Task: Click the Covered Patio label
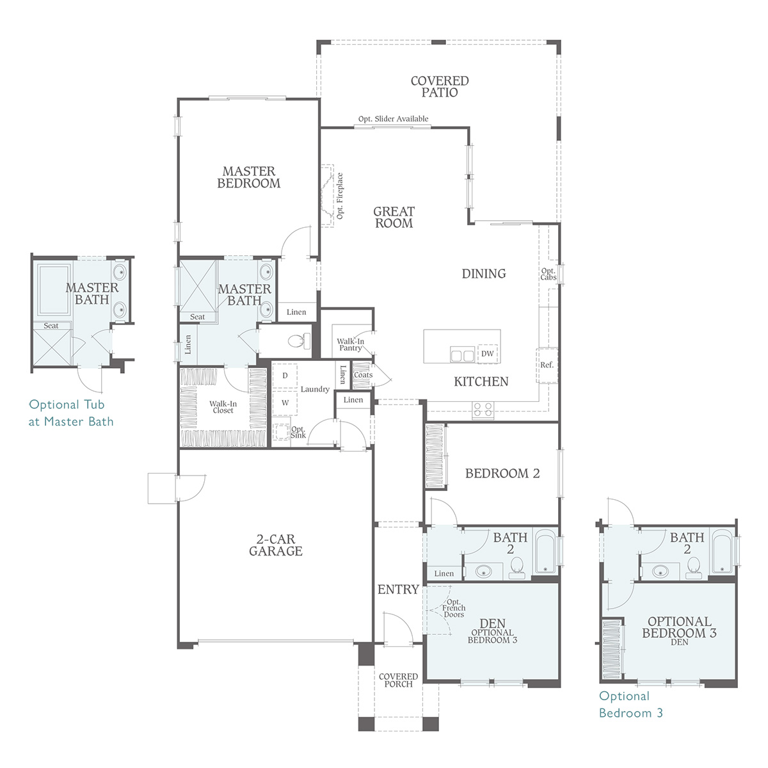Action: [440, 86]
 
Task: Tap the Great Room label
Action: [394, 217]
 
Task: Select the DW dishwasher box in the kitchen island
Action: [488, 353]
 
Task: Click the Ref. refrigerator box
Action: [547, 365]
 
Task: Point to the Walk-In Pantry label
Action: [350, 344]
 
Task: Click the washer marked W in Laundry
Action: [285, 403]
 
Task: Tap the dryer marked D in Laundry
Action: [285, 376]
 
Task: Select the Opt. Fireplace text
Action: [340, 196]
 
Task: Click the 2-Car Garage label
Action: [276, 545]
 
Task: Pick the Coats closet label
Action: [363, 375]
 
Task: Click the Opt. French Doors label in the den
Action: [454, 608]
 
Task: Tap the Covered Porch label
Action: [398, 680]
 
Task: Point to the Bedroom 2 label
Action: [502, 473]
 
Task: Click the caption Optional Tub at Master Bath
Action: [71, 413]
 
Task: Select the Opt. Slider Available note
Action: [393, 119]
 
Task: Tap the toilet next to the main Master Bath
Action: [299, 340]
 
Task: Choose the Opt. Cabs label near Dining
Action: [548, 274]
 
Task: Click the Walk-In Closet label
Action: [223, 407]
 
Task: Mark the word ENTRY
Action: [398, 589]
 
